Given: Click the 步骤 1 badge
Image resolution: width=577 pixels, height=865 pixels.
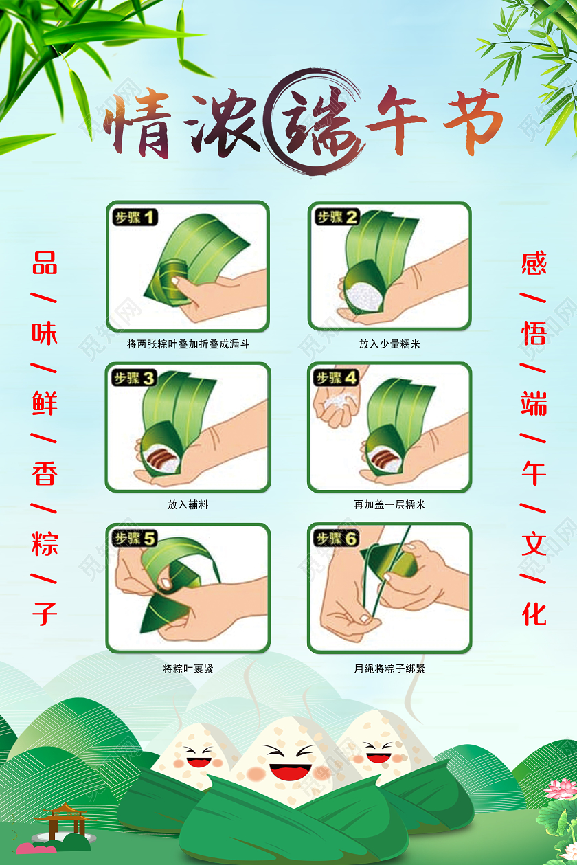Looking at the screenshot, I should click(x=135, y=218).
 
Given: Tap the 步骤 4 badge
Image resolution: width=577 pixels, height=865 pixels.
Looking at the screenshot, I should click(x=337, y=378).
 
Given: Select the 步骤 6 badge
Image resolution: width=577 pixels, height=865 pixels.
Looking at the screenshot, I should click(x=337, y=539).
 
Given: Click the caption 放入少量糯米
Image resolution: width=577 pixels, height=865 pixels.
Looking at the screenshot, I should click(x=389, y=344).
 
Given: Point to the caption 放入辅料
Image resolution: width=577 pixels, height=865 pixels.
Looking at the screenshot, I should click(x=188, y=504).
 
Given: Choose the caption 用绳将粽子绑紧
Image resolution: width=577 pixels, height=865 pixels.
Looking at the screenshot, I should click(x=389, y=668).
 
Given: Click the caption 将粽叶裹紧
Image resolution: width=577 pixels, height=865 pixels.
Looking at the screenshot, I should click(x=188, y=668).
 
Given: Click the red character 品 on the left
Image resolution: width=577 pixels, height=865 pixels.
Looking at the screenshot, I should click(x=45, y=262).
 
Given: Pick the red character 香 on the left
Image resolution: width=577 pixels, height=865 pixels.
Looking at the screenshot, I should click(x=45, y=473).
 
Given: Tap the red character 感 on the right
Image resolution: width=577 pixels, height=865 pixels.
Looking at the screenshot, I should click(x=534, y=262).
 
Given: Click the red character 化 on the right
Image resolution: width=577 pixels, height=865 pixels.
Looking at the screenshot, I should click(x=534, y=613).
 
